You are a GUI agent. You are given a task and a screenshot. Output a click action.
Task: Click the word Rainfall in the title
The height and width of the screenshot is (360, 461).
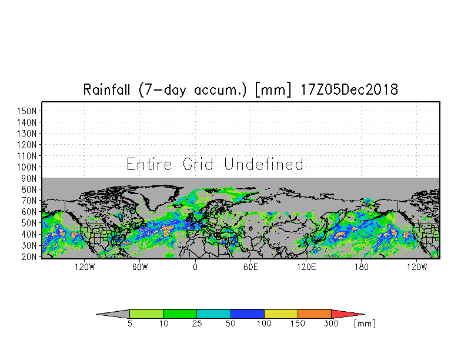pos(106,89)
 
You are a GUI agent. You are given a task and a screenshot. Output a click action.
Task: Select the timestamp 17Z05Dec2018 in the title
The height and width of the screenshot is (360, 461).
pos(349,89)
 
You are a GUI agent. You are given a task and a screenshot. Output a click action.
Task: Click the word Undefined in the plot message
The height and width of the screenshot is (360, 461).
pos(263,164)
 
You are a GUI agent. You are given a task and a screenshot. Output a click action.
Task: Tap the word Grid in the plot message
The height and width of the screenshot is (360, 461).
pos(198,164)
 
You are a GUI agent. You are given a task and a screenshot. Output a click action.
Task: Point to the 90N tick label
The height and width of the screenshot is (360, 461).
pos(29,178)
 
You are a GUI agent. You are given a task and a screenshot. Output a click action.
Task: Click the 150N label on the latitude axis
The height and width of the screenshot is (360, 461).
pos(27,111)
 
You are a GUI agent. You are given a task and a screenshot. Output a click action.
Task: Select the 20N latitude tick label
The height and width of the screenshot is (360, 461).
pos(29,256)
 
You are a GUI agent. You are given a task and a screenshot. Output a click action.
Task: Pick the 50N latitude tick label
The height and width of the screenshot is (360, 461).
pos(29,223)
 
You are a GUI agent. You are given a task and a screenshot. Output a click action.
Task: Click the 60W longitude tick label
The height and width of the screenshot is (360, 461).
pos(140,267)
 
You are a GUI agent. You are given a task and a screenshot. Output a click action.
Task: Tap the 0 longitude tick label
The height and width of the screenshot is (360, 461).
pos(195,267)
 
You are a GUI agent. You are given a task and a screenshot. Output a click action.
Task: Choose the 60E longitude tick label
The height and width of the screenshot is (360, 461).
pos(250,267)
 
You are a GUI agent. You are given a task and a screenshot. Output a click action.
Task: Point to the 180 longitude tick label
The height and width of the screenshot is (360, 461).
pos(361,267)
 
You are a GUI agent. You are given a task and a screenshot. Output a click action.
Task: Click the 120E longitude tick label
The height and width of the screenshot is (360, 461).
pos(306,267)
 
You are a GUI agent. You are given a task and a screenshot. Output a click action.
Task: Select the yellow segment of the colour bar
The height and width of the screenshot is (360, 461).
pos(281,314)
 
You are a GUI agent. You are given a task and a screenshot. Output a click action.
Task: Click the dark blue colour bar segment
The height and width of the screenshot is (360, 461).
pos(248,314)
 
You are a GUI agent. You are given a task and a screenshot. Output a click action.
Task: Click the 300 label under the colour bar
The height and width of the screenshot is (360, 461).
pos(332,324)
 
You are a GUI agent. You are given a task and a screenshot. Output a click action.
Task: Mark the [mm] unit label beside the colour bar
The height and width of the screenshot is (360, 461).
pos(365,324)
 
